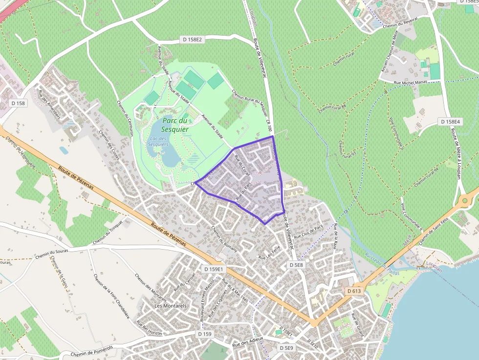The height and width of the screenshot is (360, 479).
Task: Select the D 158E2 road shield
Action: [192, 39]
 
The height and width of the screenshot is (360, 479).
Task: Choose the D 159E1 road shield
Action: [214, 269]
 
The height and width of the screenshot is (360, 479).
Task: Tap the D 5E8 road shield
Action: [296, 265]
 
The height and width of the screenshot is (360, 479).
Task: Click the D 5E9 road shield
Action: [286, 348]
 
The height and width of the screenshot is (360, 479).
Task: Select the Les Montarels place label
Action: [170, 306]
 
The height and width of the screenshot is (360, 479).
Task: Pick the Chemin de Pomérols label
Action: [91, 350]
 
